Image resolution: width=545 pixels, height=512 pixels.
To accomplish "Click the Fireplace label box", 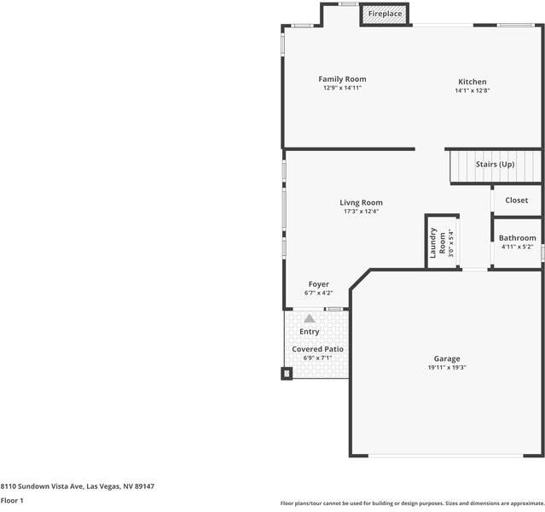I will coord(385,15).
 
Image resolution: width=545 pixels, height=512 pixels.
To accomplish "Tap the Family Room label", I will coord(342,79).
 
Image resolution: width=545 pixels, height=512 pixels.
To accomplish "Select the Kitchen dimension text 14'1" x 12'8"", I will coord(472,90).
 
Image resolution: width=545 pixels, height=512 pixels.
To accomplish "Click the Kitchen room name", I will coord(472,82).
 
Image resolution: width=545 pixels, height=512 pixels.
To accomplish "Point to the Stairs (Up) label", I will coord(495,164).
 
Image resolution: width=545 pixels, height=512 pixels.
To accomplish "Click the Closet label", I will coord(516,201).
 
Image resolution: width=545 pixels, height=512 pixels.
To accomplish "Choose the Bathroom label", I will coord(517,238).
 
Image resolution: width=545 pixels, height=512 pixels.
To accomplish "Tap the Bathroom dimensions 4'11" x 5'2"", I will coord(517,247).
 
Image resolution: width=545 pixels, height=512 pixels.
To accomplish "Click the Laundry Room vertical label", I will coord(433,243).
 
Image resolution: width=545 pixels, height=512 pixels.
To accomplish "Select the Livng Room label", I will coord(361,203).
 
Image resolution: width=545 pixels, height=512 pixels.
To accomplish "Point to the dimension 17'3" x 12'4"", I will coord(361,212).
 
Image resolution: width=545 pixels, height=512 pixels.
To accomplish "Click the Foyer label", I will coord(318,284).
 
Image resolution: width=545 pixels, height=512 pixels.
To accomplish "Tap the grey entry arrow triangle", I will coord(310,318).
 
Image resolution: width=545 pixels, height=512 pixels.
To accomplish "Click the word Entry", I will coord(310,332).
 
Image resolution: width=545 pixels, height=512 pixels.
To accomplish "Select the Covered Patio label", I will coord(317,349).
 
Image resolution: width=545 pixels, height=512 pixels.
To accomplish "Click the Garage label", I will coord(447,359).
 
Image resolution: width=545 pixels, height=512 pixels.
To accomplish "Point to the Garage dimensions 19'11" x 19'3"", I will coord(447,368).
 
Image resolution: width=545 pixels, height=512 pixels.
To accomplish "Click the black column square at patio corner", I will coord(287,372).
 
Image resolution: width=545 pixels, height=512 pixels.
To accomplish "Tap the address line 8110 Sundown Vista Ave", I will coord(77,486).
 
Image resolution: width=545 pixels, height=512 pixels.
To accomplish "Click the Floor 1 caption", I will coord(12,500).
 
